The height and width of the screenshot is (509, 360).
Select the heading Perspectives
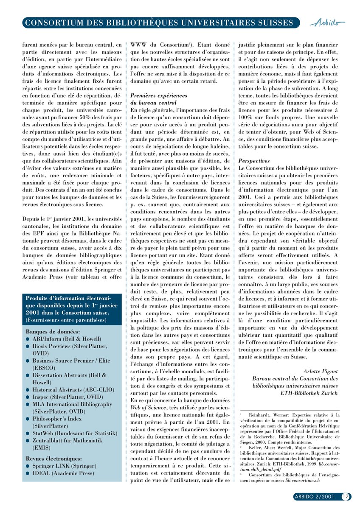(254, 161)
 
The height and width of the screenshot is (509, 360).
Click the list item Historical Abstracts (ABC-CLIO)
(73, 389)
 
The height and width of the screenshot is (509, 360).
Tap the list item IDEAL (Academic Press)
(64, 473)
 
